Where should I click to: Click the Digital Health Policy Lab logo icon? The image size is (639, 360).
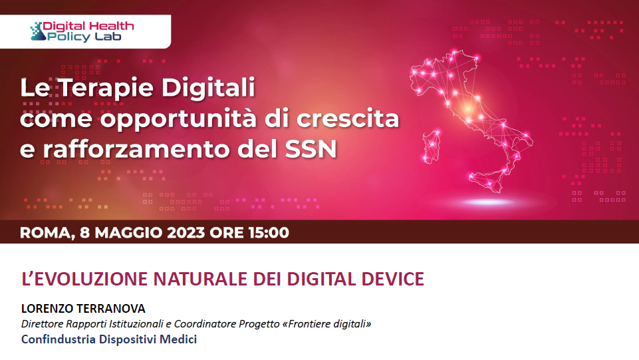coord(38,31)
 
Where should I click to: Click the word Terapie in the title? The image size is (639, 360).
coord(106,88)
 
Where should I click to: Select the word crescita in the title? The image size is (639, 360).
coord(348,118)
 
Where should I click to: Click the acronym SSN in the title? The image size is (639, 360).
coord(311,149)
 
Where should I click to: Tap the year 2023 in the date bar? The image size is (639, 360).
coord(186,232)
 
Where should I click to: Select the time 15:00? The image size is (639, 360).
coord(269,232)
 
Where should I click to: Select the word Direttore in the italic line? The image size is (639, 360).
coord(43,324)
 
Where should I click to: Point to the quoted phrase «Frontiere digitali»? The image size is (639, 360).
coord(326,324)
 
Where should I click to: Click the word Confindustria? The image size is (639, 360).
coord(59,339)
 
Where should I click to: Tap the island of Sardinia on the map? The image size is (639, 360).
coord(432,147)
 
